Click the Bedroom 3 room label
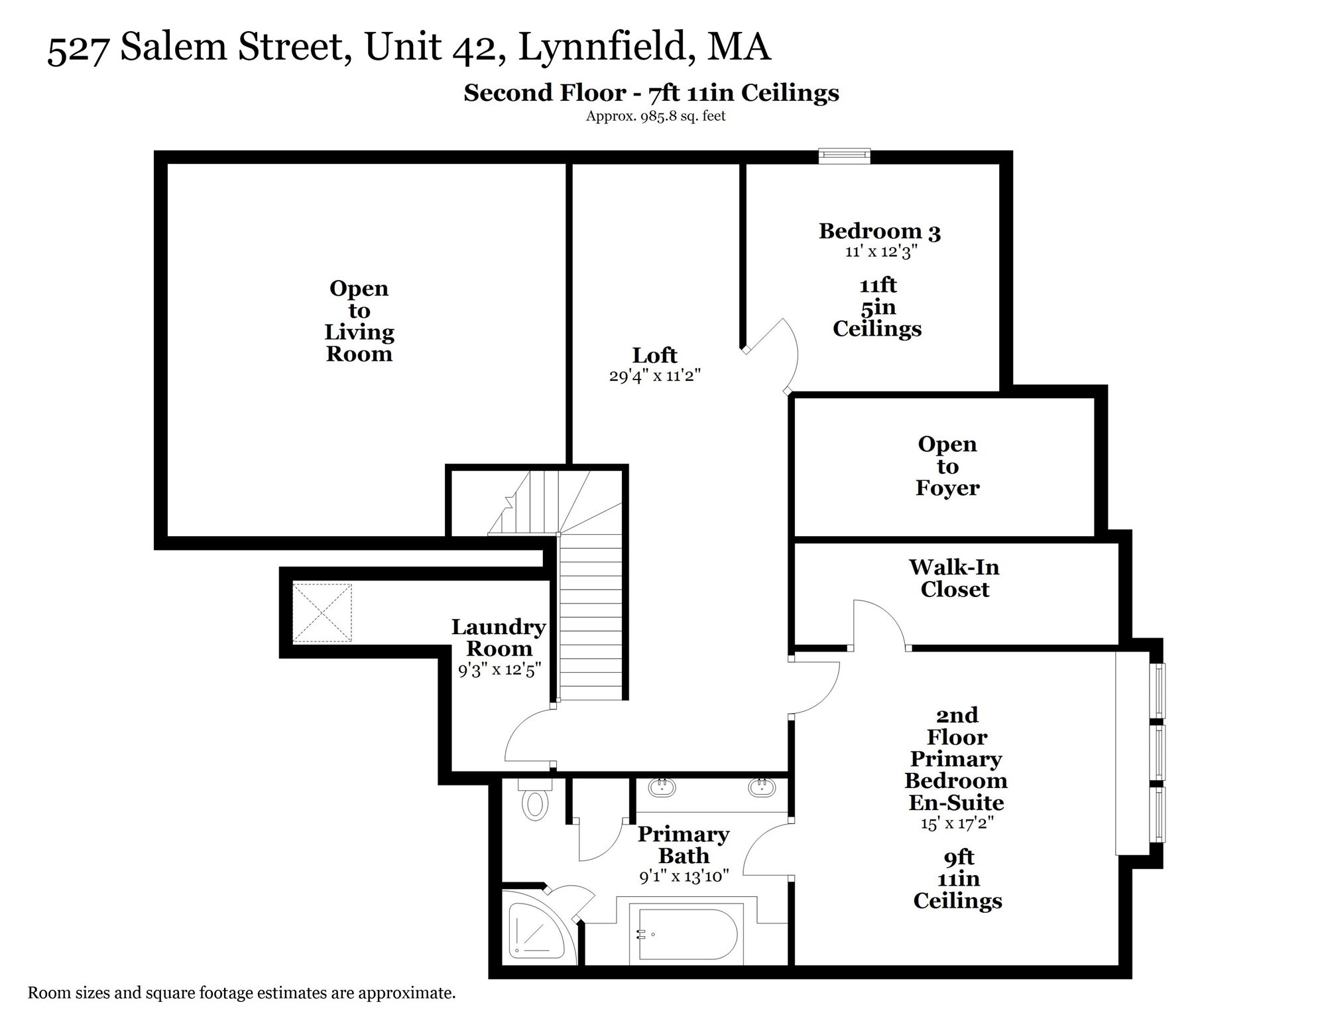879,231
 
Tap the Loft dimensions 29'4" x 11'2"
654,376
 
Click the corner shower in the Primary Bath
533,931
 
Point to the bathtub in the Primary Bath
687,934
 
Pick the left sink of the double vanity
661,787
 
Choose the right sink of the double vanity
762,787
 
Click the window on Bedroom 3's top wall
844,156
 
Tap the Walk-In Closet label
954,578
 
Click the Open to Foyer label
947,466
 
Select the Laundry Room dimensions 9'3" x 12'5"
499,670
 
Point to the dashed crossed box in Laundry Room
322,613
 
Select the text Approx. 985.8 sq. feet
655,116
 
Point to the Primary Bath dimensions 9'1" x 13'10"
684,876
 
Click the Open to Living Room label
359,321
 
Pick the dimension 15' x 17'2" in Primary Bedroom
957,824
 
